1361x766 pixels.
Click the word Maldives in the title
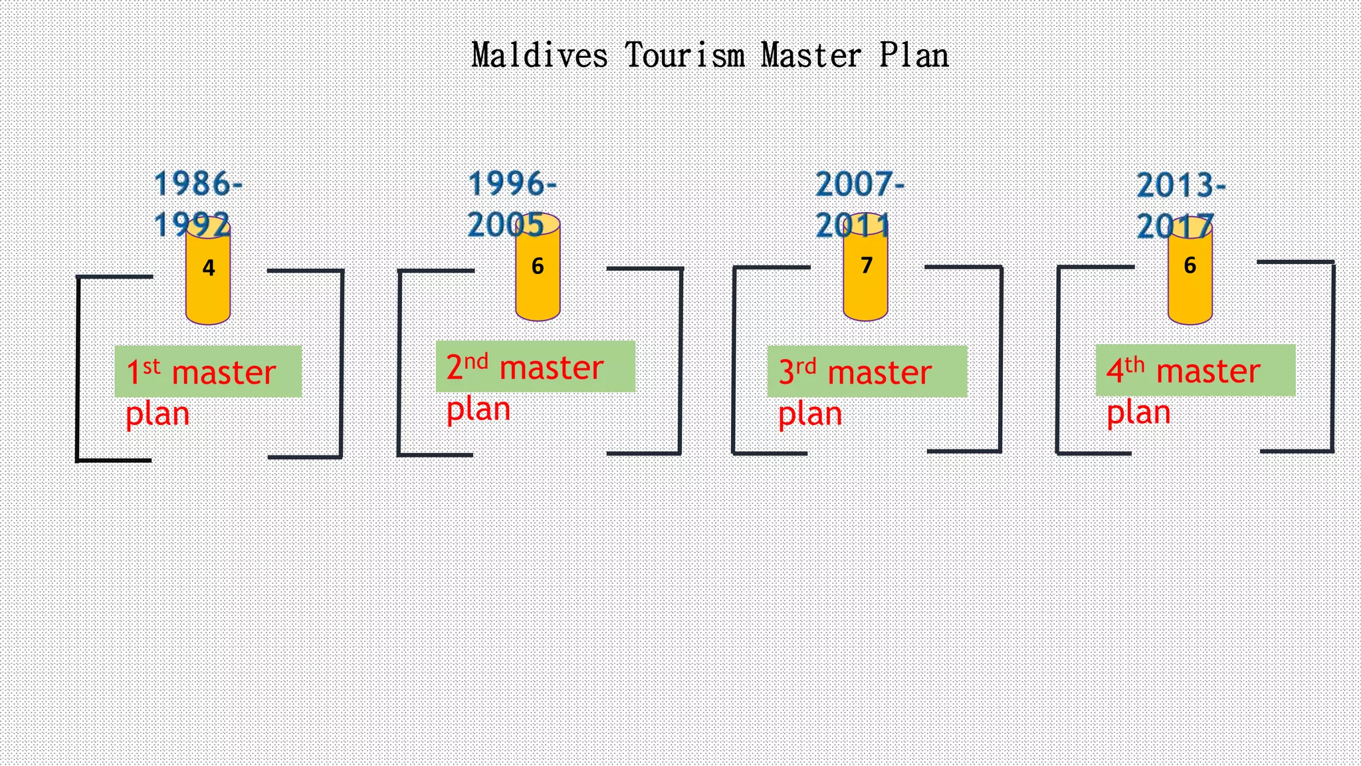pos(539,55)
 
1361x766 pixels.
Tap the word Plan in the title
pos(914,55)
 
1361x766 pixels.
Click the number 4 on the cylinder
pos(209,268)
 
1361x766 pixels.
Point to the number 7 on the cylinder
pos(866,265)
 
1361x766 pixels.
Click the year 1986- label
pos(198,184)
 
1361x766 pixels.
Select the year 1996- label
pos(512,184)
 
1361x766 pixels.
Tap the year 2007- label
pos(860,184)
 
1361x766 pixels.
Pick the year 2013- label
pos(1181,186)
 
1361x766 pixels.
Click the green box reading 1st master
pos(208,371)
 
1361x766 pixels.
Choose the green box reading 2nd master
pos(535,366)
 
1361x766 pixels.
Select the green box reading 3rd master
pos(867,371)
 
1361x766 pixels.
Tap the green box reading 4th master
pos(1195,370)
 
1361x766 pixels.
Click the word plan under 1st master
pos(157,415)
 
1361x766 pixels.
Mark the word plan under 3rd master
pos(810,415)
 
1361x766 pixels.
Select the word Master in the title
pos(811,55)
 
